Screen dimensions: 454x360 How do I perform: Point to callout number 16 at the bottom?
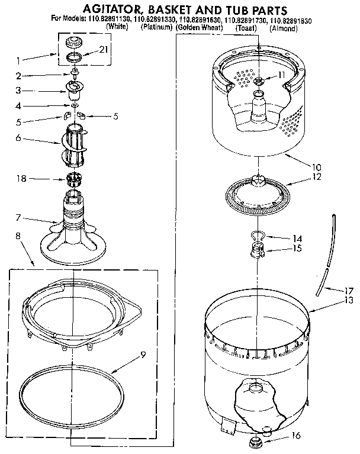pyautogui.click(x=297, y=436)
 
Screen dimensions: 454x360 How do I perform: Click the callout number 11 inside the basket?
pyautogui.click(x=282, y=75)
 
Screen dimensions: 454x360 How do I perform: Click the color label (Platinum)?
pyautogui.click(x=157, y=28)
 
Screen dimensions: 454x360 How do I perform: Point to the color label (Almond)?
pyautogui.click(x=283, y=28)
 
